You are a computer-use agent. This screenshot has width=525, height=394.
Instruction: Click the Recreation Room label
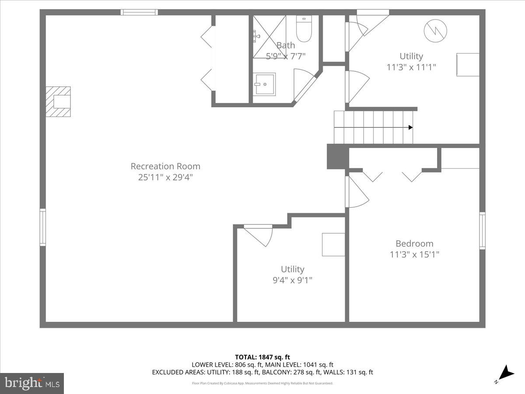165,166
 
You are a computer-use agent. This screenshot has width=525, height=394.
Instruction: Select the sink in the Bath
265,84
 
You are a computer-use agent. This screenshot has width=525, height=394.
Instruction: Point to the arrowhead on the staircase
410,127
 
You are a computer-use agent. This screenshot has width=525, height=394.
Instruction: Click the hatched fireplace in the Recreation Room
59,102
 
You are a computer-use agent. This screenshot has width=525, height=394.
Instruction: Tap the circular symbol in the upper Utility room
436,30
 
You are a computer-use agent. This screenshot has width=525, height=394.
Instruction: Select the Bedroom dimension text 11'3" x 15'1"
414,254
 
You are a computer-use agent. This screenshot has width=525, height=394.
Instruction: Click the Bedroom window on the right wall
482,231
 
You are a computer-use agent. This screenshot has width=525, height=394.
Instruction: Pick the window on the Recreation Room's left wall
43,227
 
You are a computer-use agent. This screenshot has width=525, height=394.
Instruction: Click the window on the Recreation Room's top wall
139,12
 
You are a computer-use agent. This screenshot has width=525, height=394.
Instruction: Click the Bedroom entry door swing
356,192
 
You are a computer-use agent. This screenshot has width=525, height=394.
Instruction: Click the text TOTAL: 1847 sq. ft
262,357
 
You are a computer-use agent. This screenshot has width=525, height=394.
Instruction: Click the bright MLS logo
32,383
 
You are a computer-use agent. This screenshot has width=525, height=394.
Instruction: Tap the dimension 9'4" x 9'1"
292,280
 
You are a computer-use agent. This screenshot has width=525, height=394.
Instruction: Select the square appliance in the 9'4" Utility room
333,244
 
